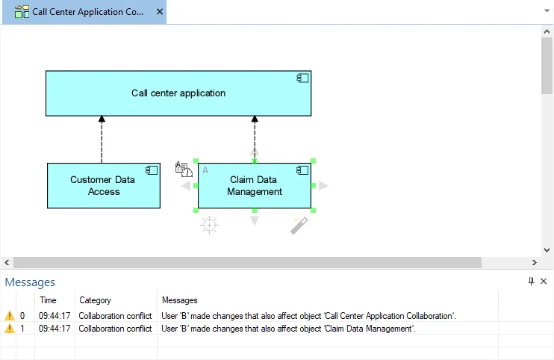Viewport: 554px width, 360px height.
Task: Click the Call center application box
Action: pos(178,93)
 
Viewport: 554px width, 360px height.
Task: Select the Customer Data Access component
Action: pos(104,185)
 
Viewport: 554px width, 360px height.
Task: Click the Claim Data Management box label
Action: pos(254,185)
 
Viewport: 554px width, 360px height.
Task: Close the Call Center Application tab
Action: pos(159,12)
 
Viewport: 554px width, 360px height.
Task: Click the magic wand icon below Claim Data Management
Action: pos(299,225)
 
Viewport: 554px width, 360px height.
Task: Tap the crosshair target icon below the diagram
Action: pos(210,225)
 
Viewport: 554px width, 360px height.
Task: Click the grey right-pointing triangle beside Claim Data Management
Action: pos(323,186)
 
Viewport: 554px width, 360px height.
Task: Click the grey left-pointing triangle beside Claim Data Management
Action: pos(185,186)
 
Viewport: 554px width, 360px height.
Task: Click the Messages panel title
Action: pos(30,282)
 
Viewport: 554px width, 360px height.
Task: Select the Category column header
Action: pos(95,300)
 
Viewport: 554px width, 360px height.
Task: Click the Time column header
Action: pos(48,300)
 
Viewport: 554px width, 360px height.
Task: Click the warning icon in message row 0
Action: pos(9,316)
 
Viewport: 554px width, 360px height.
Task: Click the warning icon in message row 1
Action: pos(9,329)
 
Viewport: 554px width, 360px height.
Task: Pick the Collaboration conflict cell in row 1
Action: pos(115,329)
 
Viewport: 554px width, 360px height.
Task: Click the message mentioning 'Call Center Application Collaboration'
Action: pos(308,316)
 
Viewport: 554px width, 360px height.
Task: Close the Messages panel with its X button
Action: pos(544,281)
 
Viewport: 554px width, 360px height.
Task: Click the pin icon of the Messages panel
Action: pos(531,281)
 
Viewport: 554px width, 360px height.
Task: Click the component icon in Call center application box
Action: pos(302,78)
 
